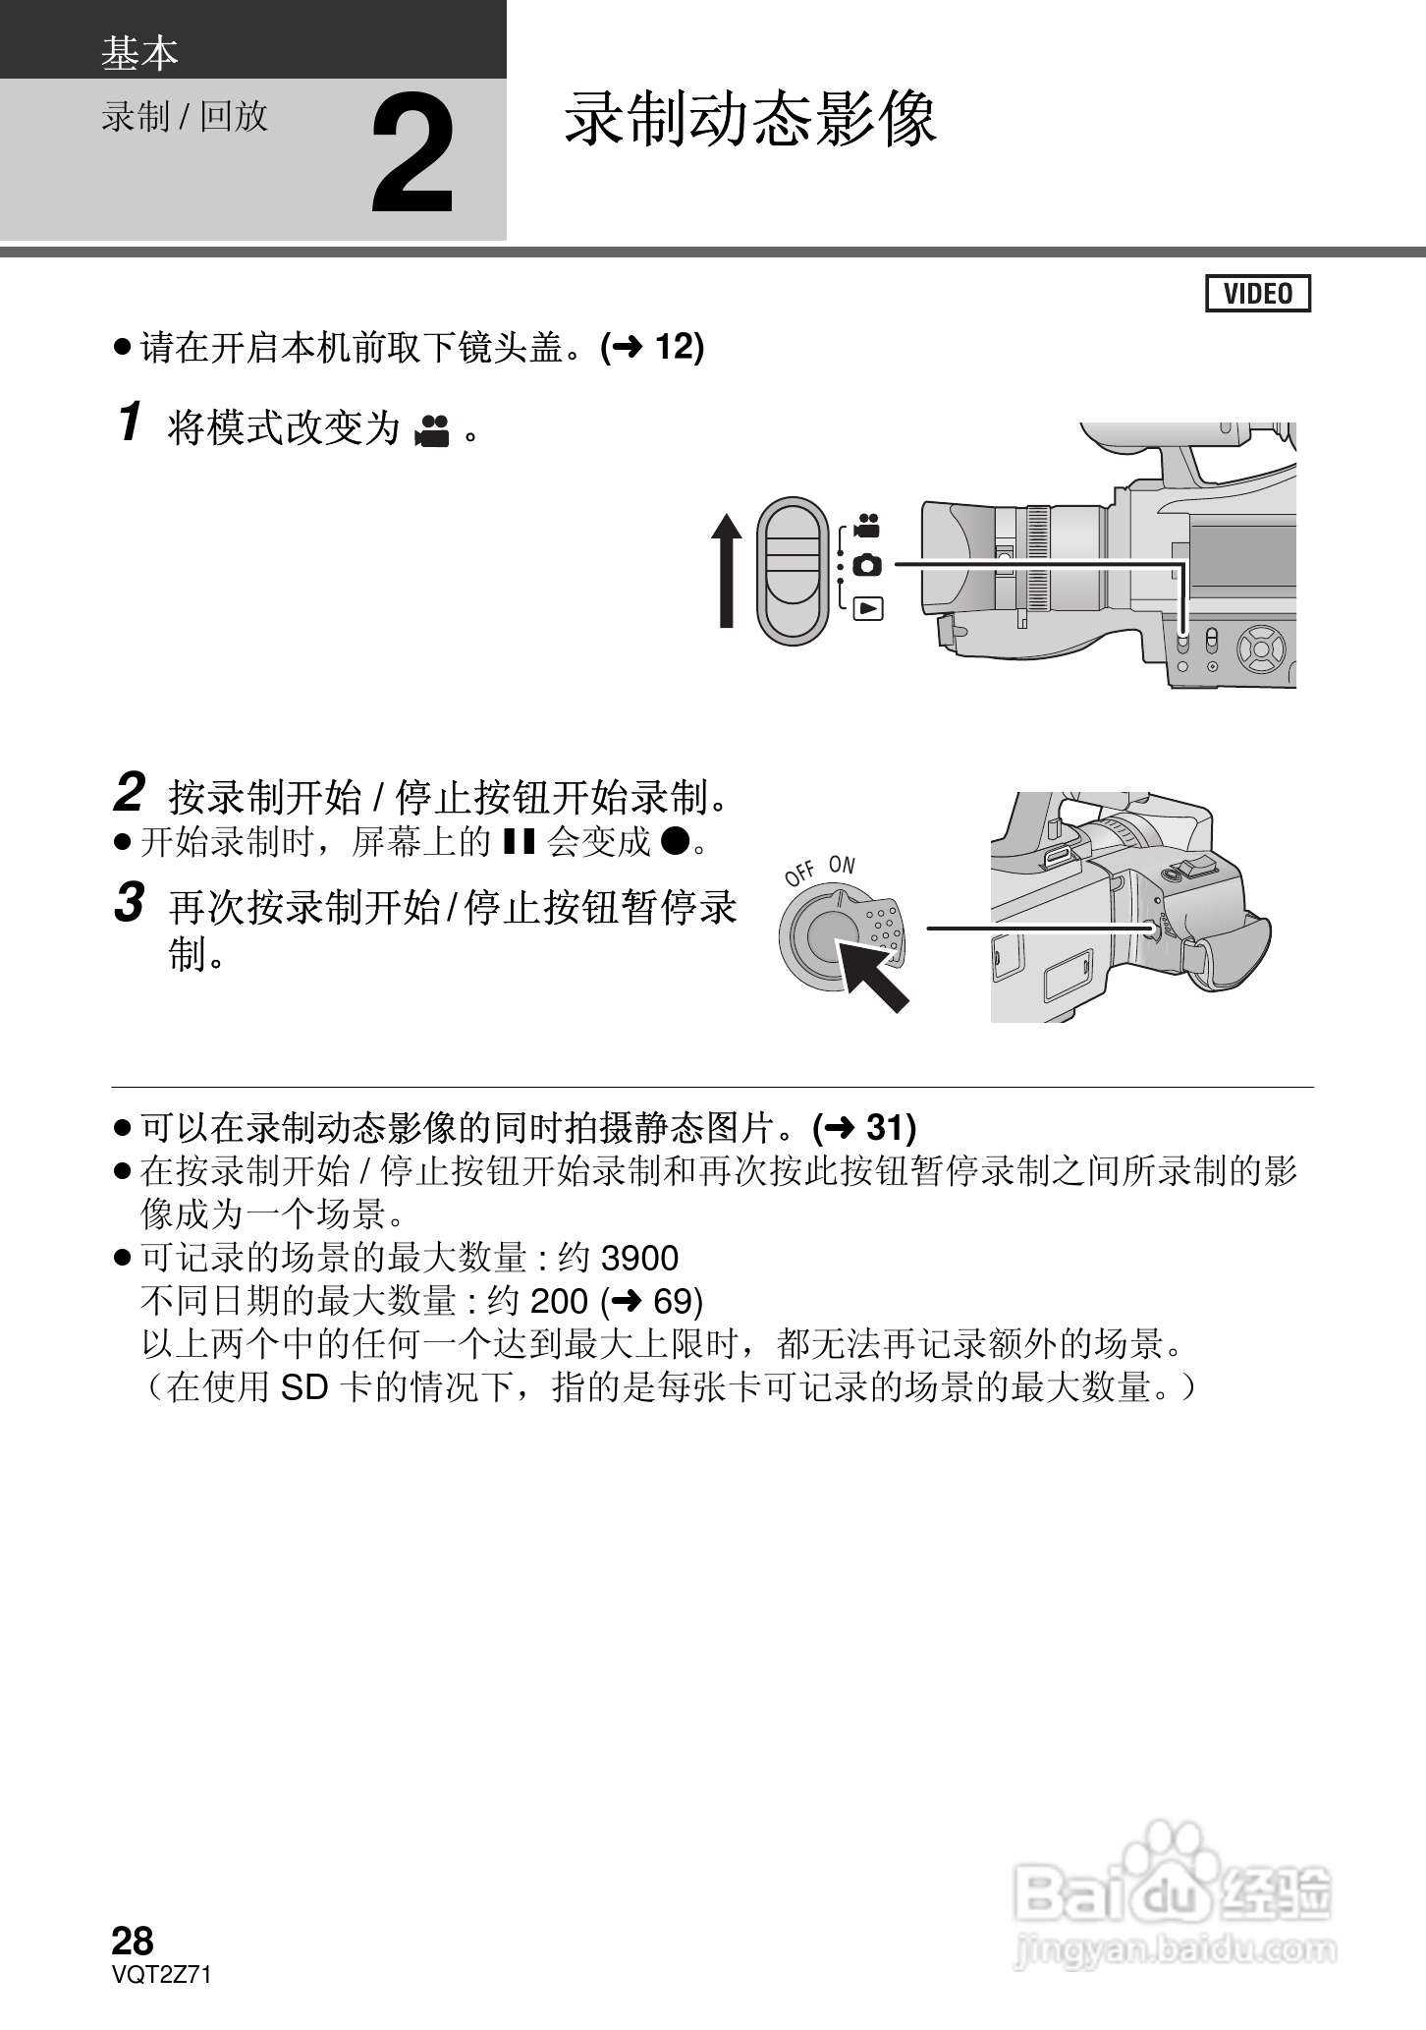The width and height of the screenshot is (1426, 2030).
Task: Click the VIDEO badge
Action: tap(1258, 294)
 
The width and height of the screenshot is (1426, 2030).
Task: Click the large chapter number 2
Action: tap(412, 154)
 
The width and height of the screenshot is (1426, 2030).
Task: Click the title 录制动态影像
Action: tap(750, 121)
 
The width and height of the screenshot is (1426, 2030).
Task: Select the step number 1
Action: tap(130, 423)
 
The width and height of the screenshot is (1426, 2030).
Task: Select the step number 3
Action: tap(130, 903)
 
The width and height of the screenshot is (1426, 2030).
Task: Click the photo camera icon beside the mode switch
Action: tap(867, 565)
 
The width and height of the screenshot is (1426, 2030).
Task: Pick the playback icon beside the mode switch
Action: tap(868, 608)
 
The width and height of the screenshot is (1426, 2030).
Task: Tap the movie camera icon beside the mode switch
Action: tap(866, 525)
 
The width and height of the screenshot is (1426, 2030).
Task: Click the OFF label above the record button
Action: tap(800, 873)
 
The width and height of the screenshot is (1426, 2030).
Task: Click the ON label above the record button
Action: tap(842, 866)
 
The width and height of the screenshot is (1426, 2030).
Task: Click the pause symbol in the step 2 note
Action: tap(518, 841)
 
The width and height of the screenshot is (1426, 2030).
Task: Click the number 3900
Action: tap(638, 1259)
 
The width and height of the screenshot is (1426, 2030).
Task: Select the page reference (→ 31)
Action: tap(864, 1128)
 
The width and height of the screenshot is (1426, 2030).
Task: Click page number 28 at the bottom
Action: tap(133, 1941)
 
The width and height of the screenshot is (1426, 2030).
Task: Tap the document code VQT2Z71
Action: tap(162, 1975)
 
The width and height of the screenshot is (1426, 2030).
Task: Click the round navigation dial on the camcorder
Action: tap(1260, 648)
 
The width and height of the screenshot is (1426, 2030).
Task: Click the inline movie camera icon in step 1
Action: tap(432, 430)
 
